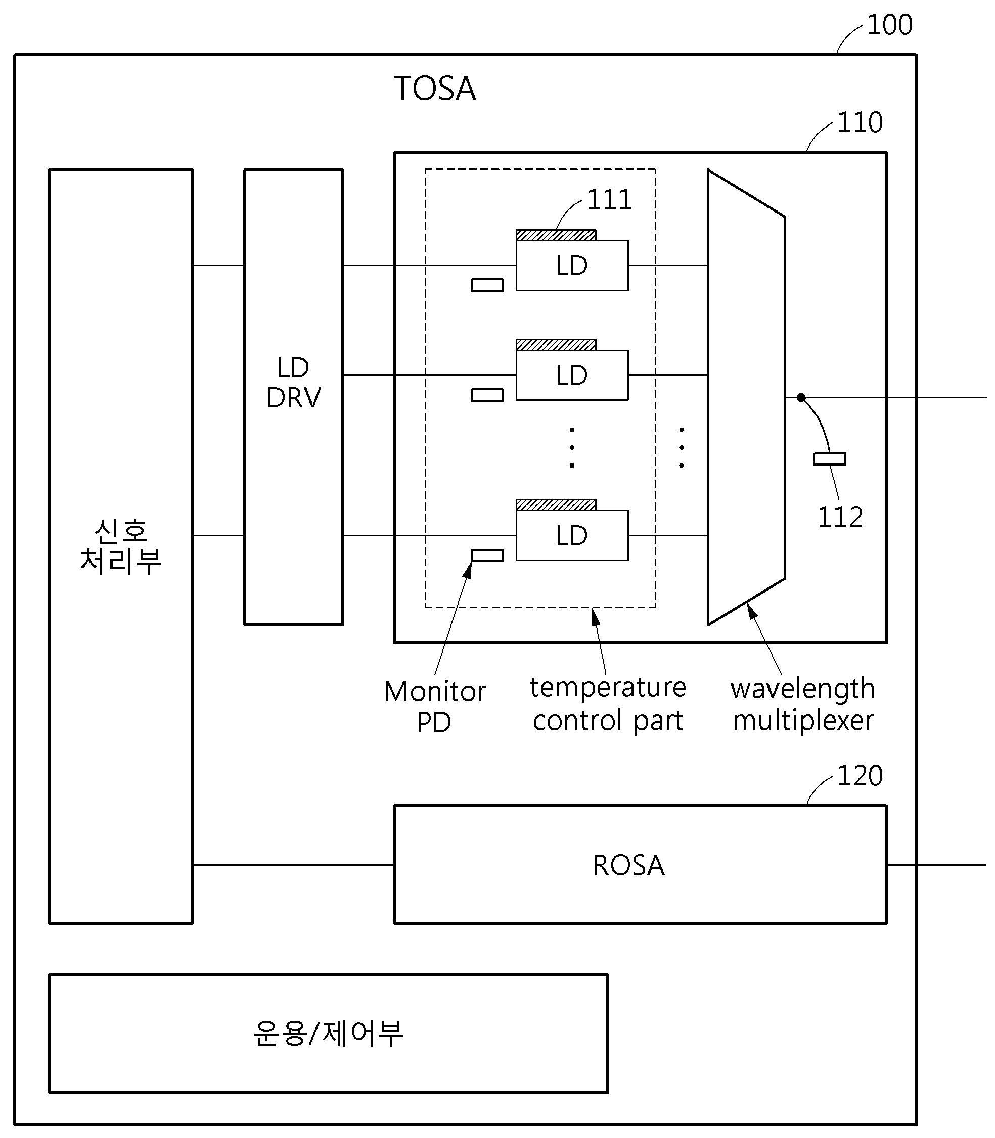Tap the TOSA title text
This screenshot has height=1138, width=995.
[435, 89]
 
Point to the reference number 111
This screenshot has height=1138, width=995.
[609, 200]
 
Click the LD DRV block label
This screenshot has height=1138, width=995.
[293, 383]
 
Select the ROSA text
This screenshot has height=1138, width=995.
[628, 865]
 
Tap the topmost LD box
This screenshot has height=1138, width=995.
[572, 266]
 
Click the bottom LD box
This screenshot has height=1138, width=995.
[572, 536]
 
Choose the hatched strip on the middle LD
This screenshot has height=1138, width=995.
[556, 345]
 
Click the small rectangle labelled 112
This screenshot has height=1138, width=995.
[829, 459]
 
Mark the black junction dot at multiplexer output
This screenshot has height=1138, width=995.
[801, 398]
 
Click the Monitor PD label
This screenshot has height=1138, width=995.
[434, 707]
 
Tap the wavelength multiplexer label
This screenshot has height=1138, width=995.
[802, 704]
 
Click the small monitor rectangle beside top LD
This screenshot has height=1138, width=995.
[487, 285]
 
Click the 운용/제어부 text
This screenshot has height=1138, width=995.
[328, 1034]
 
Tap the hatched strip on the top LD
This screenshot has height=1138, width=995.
[556, 235]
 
